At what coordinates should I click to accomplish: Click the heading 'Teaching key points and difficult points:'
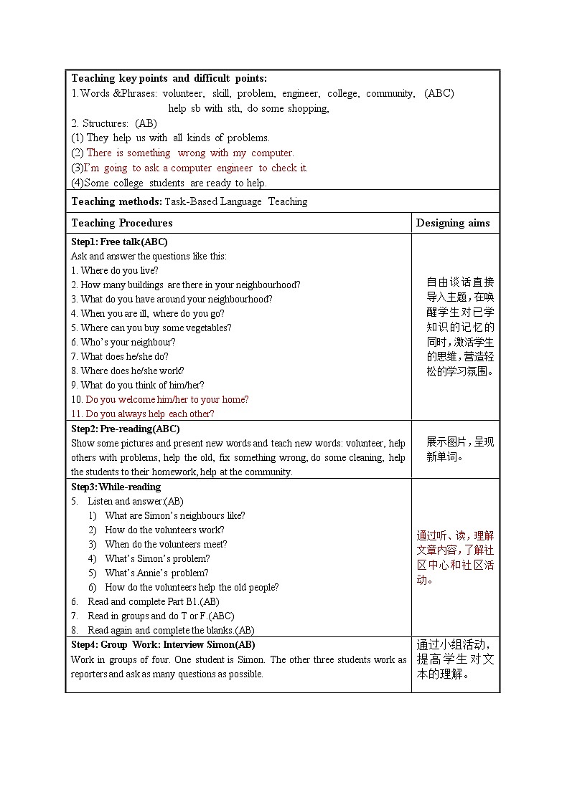169,78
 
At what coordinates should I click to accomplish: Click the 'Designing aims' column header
453,223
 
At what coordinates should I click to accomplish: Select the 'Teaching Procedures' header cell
122,223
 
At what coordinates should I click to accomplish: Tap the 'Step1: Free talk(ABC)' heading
119,242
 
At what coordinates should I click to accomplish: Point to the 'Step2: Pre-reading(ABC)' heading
125,429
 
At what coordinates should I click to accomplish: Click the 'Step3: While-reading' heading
116,487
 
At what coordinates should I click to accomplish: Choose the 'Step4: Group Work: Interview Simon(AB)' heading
163,644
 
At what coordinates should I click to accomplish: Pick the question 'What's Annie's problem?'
156,573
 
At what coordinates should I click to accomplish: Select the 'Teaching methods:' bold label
116,201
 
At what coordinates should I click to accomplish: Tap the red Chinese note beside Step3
455,558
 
